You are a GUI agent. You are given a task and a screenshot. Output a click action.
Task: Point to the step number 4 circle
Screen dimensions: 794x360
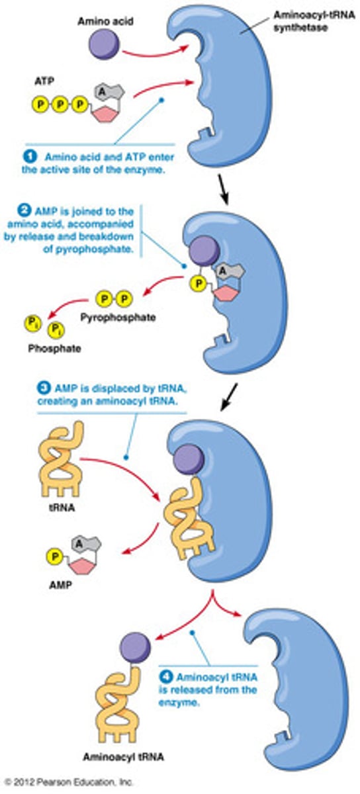tap(166, 678)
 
